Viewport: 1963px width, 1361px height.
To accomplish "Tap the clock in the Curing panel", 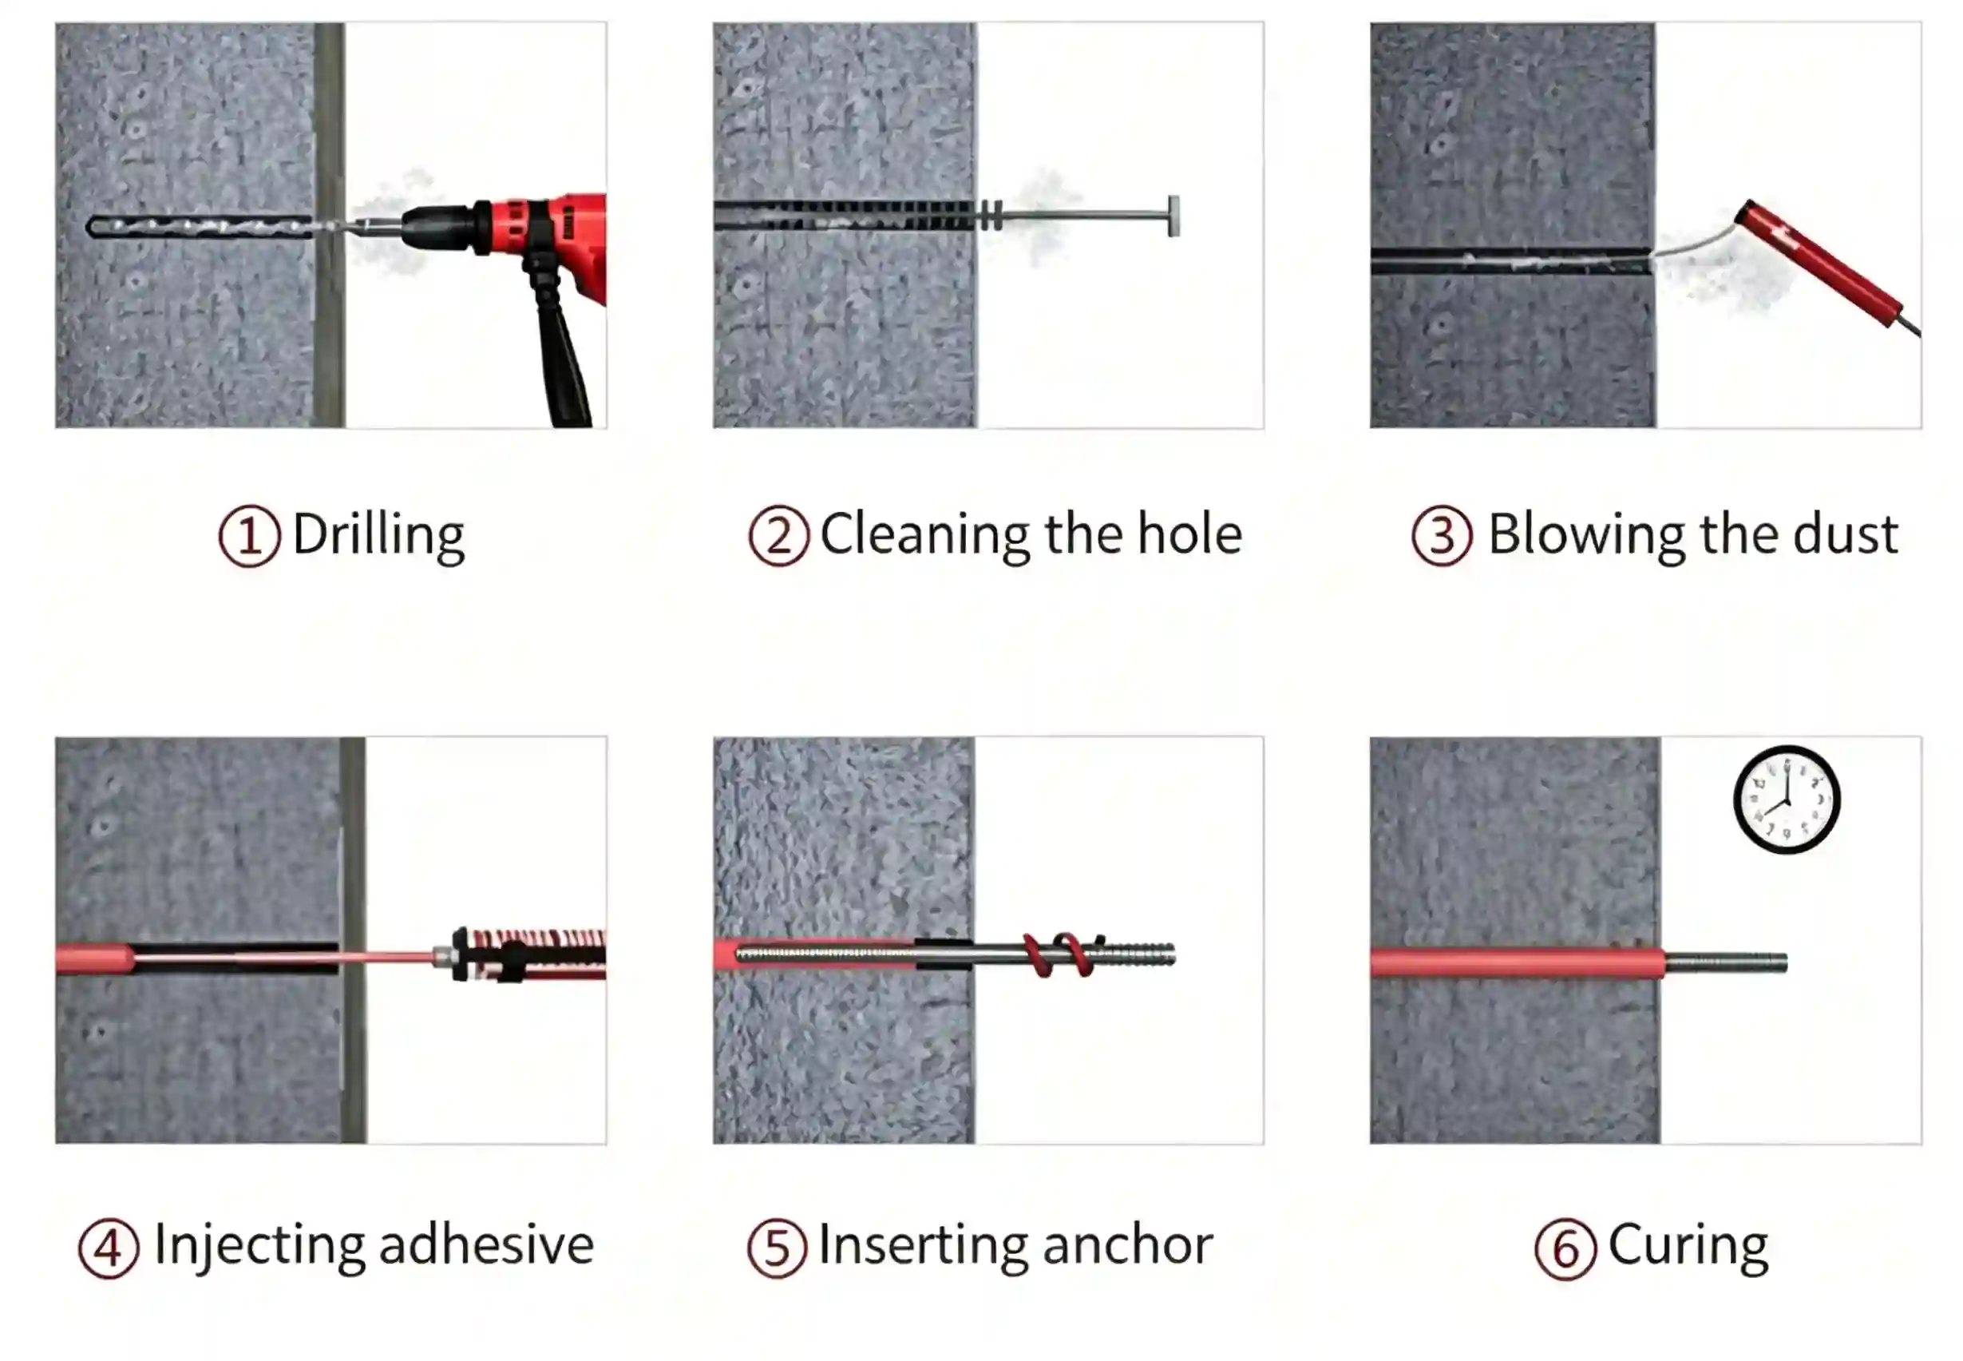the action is pos(1787,800).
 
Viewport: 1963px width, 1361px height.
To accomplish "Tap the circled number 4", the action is pos(109,1248).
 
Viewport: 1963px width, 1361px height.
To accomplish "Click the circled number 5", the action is pos(777,1248).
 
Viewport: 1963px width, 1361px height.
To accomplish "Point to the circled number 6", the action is pos(1565,1248).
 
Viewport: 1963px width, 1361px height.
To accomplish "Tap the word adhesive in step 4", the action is pos(486,1245).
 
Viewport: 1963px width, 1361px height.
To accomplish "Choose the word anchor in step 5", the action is pos(1127,1246).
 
